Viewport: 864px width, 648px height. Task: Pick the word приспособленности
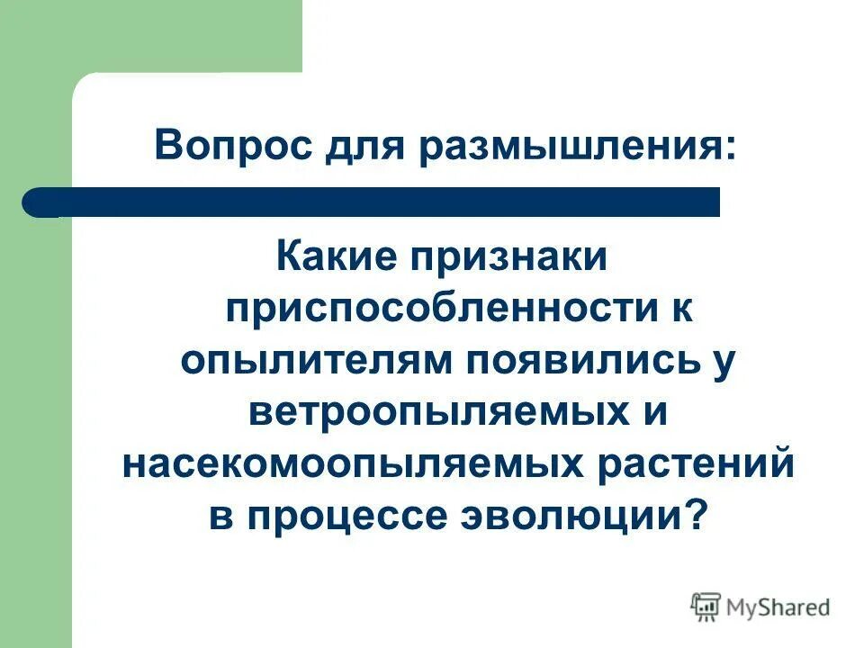[x=432, y=311]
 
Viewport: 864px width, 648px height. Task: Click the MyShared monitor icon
[x=706, y=607]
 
